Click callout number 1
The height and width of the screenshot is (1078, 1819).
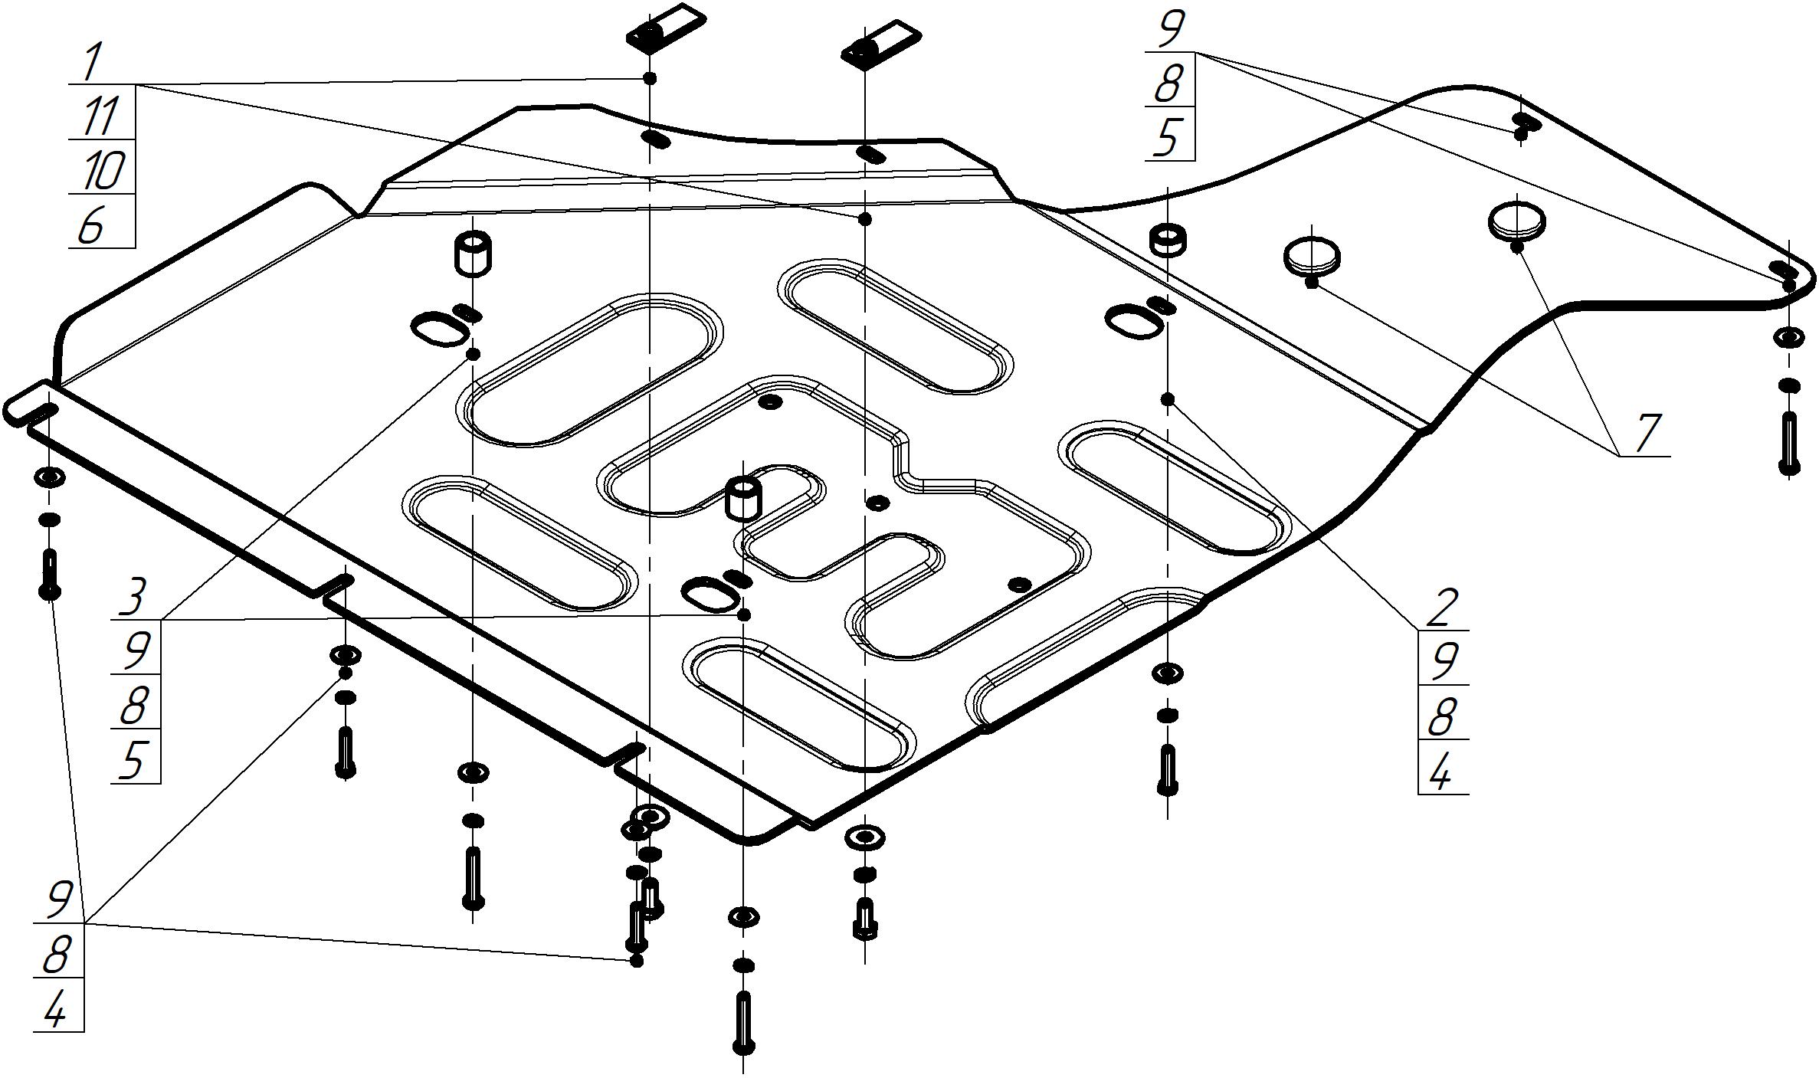92,63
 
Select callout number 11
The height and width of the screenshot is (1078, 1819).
100,116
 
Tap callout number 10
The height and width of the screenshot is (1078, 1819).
100,170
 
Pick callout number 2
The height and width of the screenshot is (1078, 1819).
1441,608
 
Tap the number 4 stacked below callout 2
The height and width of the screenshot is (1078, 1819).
1440,772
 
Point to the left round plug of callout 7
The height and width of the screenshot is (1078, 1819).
1313,256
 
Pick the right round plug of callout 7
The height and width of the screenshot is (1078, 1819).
1516,221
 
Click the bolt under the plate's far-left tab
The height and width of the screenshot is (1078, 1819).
49,574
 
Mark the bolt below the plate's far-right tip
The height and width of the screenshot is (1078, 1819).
1789,443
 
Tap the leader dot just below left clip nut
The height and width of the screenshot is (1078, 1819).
650,78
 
